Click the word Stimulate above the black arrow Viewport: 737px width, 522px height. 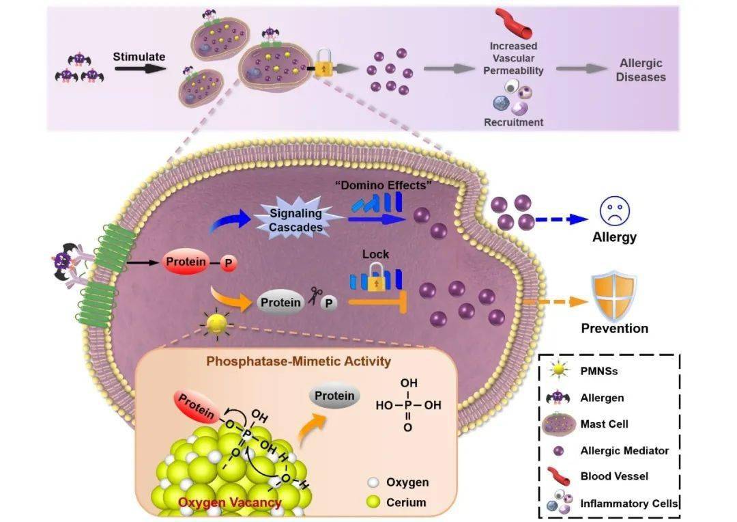(139, 57)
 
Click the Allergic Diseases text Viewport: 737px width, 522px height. (641, 70)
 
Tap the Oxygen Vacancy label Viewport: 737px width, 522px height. (230, 503)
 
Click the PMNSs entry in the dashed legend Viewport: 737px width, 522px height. (598, 372)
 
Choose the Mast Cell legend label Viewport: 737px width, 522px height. (604, 424)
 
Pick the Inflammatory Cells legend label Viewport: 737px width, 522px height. (628, 504)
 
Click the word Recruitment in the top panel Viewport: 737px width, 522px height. (513, 122)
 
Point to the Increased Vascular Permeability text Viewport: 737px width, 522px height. (513, 58)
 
